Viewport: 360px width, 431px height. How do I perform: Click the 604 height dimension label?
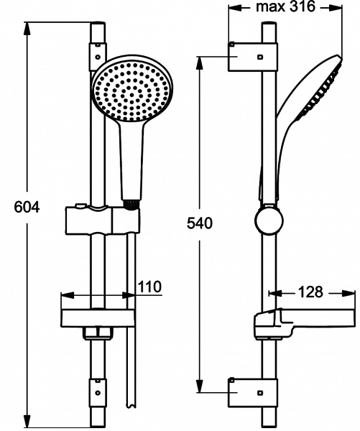tap(27, 208)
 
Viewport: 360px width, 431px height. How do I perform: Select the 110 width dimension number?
tap(149, 287)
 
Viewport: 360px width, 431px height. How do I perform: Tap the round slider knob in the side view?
tap(267, 221)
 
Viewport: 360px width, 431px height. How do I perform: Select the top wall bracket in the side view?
tap(251, 56)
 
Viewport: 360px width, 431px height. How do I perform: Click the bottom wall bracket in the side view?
tap(251, 391)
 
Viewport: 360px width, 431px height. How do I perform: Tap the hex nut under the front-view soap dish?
tap(98, 333)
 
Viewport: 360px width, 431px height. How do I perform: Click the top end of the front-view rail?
tap(98, 26)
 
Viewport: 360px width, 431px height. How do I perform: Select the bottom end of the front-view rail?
tap(98, 420)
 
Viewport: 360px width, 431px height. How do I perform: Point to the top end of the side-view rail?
tap(267, 26)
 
